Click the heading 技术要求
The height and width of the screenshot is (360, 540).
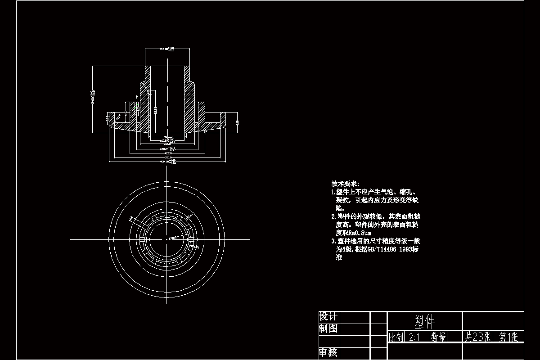pos(345,184)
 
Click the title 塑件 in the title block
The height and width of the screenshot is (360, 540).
pos(424,321)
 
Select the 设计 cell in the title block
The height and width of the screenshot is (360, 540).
pos(328,317)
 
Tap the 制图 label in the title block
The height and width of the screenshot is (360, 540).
pos(328,328)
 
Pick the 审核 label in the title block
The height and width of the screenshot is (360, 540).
pos(328,352)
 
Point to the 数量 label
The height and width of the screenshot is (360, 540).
pos(439,337)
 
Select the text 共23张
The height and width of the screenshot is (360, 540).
pos(477,337)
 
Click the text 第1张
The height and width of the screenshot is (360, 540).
pos(508,337)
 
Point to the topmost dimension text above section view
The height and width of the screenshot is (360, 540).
pos(167,49)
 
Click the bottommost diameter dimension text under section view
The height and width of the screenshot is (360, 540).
pos(167,161)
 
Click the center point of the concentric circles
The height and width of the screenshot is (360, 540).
pos(167,239)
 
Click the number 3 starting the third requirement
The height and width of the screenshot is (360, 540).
pos(333,241)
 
